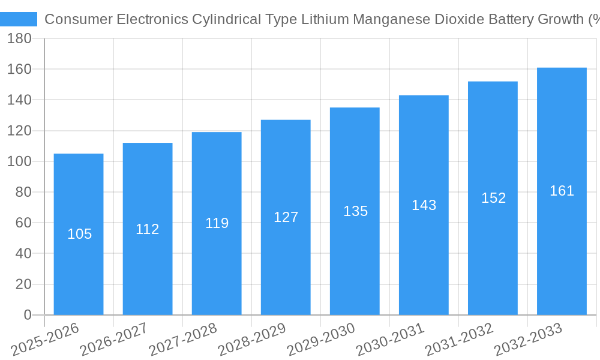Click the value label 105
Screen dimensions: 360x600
click(x=79, y=234)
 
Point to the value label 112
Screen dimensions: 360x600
click(x=147, y=229)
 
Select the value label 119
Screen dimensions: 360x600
click(x=217, y=223)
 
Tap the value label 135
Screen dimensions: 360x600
click(x=355, y=211)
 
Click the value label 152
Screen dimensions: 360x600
click(x=493, y=198)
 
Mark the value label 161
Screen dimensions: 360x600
click(x=562, y=191)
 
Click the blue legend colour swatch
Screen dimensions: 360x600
click(x=19, y=19)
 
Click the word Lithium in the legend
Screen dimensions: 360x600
click(x=327, y=19)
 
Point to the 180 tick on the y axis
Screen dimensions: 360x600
click(x=19, y=38)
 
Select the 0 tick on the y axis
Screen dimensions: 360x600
click(x=27, y=315)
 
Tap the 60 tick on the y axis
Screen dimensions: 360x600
click(x=23, y=223)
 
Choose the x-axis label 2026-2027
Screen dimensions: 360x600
click(x=114, y=339)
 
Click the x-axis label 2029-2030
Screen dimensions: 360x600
click(x=321, y=339)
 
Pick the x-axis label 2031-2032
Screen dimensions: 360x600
click(x=459, y=339)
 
